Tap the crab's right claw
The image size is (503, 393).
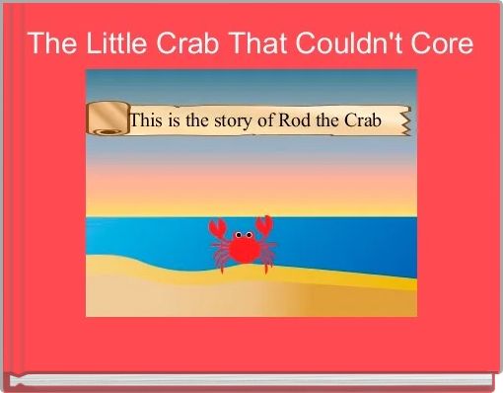[x=264, y=226]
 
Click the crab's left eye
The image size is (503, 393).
[x=239, y=234]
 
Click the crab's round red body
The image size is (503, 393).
[x=243, y=249]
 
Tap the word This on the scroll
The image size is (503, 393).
[x=149, y=120]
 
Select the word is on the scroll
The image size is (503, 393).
[x=179, y=120]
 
